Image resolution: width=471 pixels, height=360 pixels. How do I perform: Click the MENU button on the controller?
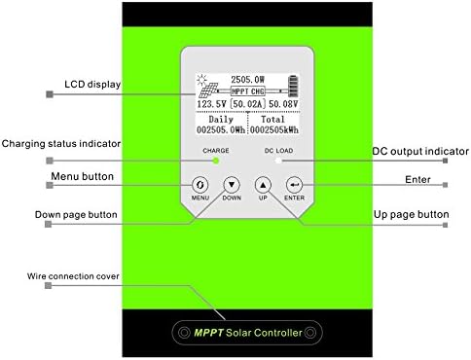[199, 184]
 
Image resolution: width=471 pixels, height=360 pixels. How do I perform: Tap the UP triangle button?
[261, 184]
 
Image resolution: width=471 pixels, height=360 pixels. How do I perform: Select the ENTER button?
[295, 184]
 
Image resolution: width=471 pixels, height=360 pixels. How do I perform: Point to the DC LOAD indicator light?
[275, 162]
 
